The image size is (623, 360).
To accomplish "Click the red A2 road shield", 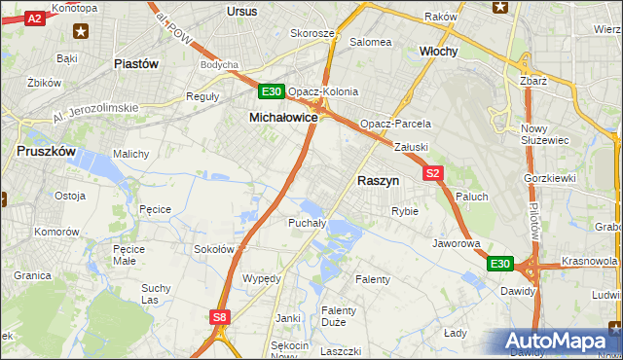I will pos(34,18).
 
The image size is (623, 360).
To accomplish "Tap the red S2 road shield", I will pos(433,173).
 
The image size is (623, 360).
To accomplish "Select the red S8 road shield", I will pos(220,317).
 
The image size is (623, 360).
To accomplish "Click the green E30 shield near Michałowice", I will pos(272,92).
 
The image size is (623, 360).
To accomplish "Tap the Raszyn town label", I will pos(379,180).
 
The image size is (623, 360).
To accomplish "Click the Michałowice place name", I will pos(283,117).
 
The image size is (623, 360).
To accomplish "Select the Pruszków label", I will pos(46,151).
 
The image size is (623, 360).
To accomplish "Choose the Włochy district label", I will pos(438,51).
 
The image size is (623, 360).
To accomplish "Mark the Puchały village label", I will pos(308,223).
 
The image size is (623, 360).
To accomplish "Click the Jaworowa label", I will pos(457,243).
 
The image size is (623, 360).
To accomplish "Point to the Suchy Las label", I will pos(157,294).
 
